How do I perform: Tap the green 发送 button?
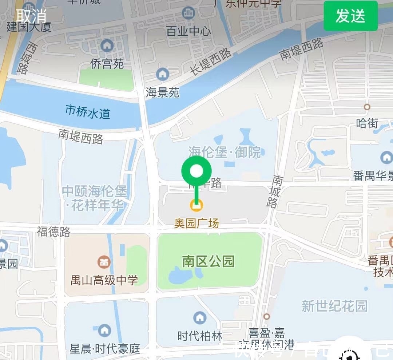point(350,16)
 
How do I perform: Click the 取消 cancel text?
point(31,15)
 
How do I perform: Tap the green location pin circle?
point(196,170)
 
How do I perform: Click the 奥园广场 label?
point(196,223)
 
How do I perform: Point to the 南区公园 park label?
point(208,261)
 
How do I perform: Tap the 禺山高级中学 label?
point(104,280)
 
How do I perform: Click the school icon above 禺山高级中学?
point(104,261)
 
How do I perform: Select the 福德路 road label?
point(53,232)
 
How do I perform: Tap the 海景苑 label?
point(162,92)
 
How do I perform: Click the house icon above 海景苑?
point(162,75)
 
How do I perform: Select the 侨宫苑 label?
point(107,64)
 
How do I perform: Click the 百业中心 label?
point(188,31)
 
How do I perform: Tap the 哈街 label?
point(367,123)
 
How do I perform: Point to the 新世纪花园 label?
point(334,306)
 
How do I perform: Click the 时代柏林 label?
point(200,336)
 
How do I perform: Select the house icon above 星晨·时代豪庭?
point(105,330)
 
